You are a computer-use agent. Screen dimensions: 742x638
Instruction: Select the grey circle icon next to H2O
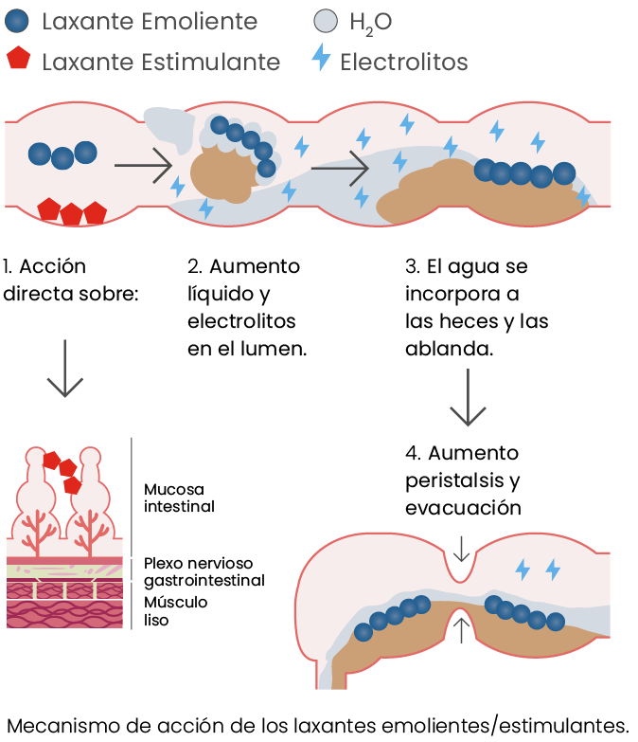click(x=324, y=22)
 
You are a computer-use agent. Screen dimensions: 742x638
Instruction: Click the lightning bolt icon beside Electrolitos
click(x=322, y=61)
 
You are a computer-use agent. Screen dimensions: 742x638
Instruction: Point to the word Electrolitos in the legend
click(x=404, y=63)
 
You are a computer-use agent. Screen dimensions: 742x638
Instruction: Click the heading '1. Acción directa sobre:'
click(x=71, y=280)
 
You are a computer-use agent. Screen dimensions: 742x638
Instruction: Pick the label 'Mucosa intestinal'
click(x=179, y=498)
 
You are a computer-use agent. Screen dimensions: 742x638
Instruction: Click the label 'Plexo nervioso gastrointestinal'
click(x=204, y=571)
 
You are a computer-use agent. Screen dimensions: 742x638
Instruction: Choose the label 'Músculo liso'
click(x=175, y=611)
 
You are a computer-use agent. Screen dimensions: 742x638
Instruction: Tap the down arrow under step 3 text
click(x=469, y=398)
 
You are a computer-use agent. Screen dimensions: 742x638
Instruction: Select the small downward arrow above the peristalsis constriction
click(x=461, y=548)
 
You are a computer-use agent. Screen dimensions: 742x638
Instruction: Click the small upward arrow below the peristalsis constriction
click(x=461, y=628)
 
